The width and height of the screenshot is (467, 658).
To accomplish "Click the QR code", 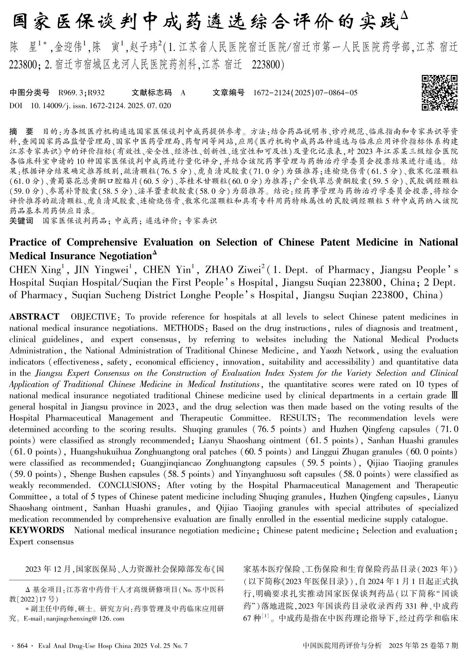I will tap(439, 93).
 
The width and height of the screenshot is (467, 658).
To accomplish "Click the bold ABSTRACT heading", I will tap(34, 317).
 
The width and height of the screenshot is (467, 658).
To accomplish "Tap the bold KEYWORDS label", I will tap(36, 530).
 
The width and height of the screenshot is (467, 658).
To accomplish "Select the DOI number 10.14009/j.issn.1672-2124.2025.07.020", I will tap(101, 106).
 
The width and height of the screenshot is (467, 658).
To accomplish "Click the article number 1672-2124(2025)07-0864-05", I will tap(305, 93).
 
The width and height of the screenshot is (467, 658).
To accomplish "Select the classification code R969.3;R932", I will tap(82, 93).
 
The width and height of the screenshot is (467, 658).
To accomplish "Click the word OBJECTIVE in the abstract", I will tap(93, 317).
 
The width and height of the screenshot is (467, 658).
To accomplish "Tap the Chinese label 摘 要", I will tap(21, 131).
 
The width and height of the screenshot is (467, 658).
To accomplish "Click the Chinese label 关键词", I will tap(21, 221).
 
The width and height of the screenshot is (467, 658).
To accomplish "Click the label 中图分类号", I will tap(30, 93).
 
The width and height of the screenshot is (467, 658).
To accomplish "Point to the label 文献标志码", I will tap(151, 93).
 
